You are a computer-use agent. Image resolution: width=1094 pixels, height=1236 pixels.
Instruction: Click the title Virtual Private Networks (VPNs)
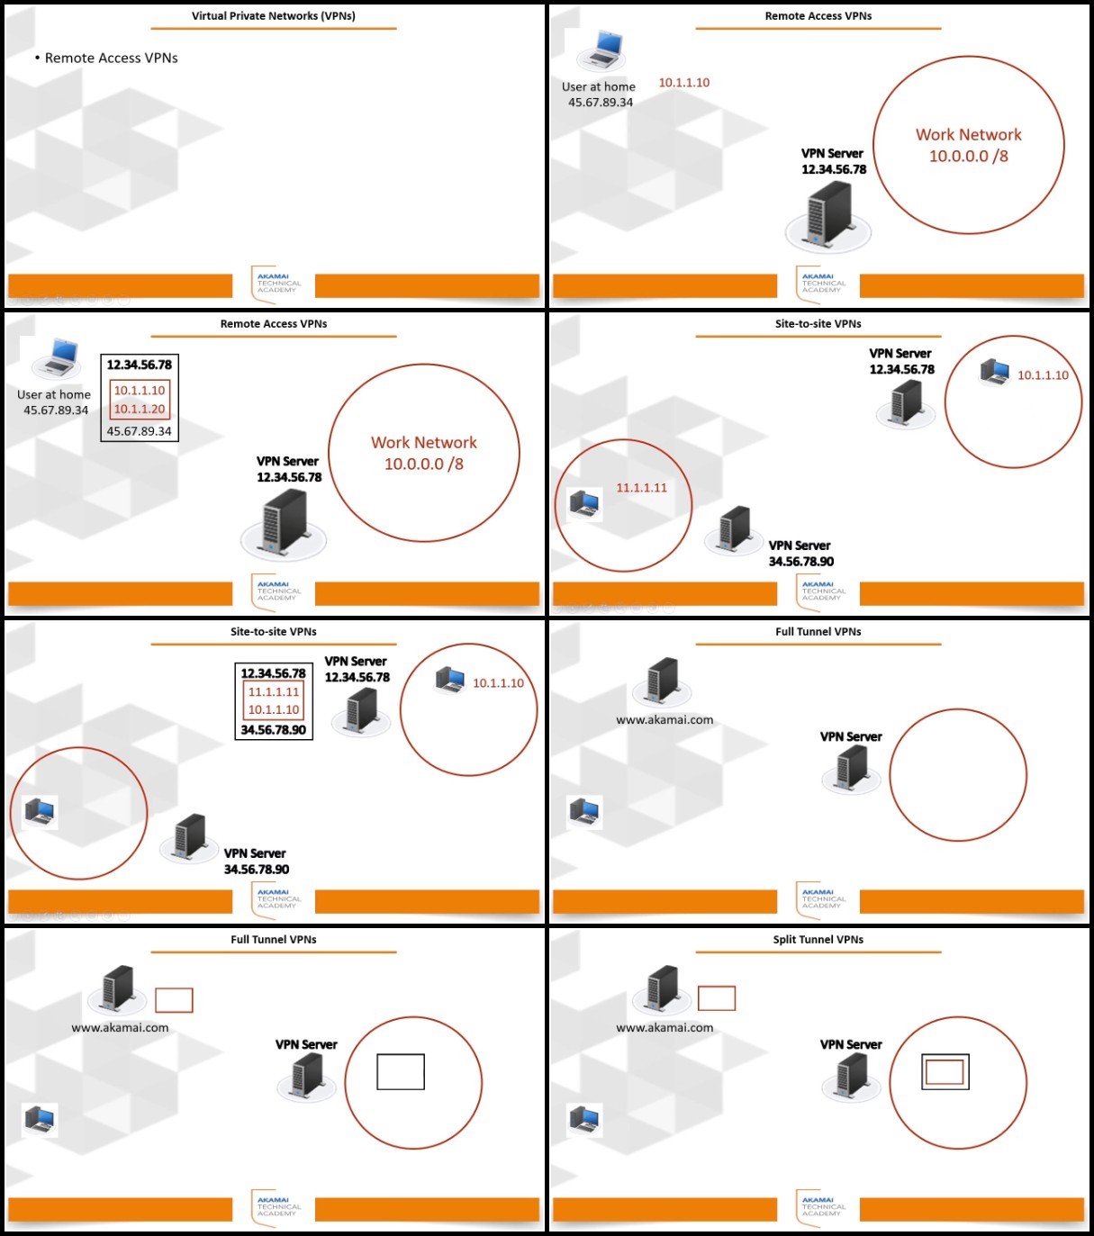point(274,16)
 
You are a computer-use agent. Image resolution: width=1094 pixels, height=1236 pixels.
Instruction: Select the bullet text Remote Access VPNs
point(111,58)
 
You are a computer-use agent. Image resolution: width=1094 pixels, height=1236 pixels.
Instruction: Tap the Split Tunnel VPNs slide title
point(818,940)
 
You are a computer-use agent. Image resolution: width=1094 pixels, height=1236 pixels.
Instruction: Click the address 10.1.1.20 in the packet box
point(140,409)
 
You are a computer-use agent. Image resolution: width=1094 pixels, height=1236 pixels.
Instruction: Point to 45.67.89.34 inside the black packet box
point(140,430)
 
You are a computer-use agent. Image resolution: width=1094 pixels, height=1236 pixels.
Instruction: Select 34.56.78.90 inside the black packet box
point(274,730)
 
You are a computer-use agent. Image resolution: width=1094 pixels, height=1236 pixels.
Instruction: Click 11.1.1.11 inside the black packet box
point(274,692)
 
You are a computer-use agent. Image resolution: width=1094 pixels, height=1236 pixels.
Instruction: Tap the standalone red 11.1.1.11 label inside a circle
point(641,487)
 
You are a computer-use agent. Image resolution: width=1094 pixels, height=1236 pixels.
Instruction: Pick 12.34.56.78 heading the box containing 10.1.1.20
point(140,365)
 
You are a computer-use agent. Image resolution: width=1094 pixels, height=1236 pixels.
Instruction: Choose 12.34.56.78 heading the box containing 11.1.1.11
point(274,673)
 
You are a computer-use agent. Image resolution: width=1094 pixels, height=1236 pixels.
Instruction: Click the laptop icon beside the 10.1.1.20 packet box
point(56,358)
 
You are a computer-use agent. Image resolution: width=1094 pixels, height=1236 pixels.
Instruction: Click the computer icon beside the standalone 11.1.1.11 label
point(584,503)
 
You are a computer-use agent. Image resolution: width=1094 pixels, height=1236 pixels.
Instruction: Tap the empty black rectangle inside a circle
point(401,1072)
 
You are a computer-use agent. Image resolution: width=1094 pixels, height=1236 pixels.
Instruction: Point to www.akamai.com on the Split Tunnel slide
point(665,1027)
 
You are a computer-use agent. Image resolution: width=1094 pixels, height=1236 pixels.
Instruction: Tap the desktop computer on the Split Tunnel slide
point(584,1120)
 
